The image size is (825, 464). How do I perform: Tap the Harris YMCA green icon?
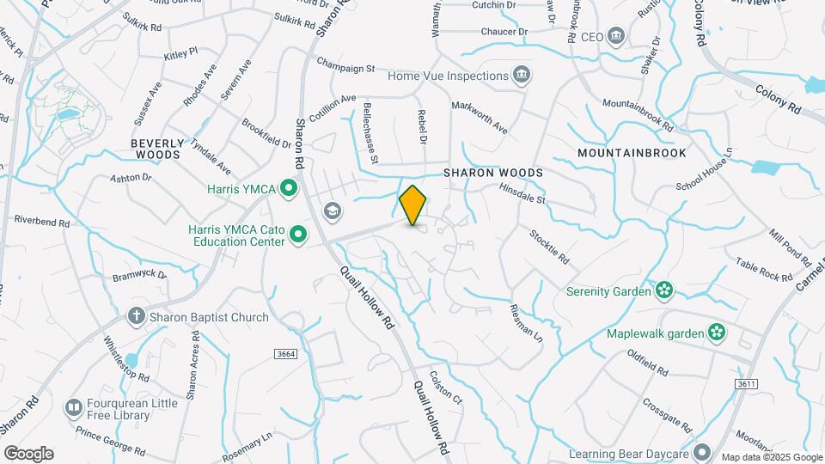(x=290, y=186)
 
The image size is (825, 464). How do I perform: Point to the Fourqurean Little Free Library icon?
(x=75, y=406)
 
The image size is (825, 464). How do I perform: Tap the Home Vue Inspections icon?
(x=521, y=76)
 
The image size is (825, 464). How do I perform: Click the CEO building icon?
(x=616, y=37)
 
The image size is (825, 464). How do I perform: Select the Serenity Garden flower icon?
(x=663, y=290)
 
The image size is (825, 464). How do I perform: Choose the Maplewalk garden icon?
(x=716, y=333)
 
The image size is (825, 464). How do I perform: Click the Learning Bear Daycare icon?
(x=702, y=452)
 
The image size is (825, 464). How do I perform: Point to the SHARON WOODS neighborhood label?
(x=493, y=173)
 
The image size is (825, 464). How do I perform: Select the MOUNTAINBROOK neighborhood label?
(x=632, y=153)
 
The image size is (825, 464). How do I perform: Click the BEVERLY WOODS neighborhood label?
(x=156, y=149)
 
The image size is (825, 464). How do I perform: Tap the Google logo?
(x=28, y=453)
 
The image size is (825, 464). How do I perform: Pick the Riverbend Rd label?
(x=42, y=222)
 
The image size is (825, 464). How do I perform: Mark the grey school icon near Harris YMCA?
(x=331, y=211)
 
